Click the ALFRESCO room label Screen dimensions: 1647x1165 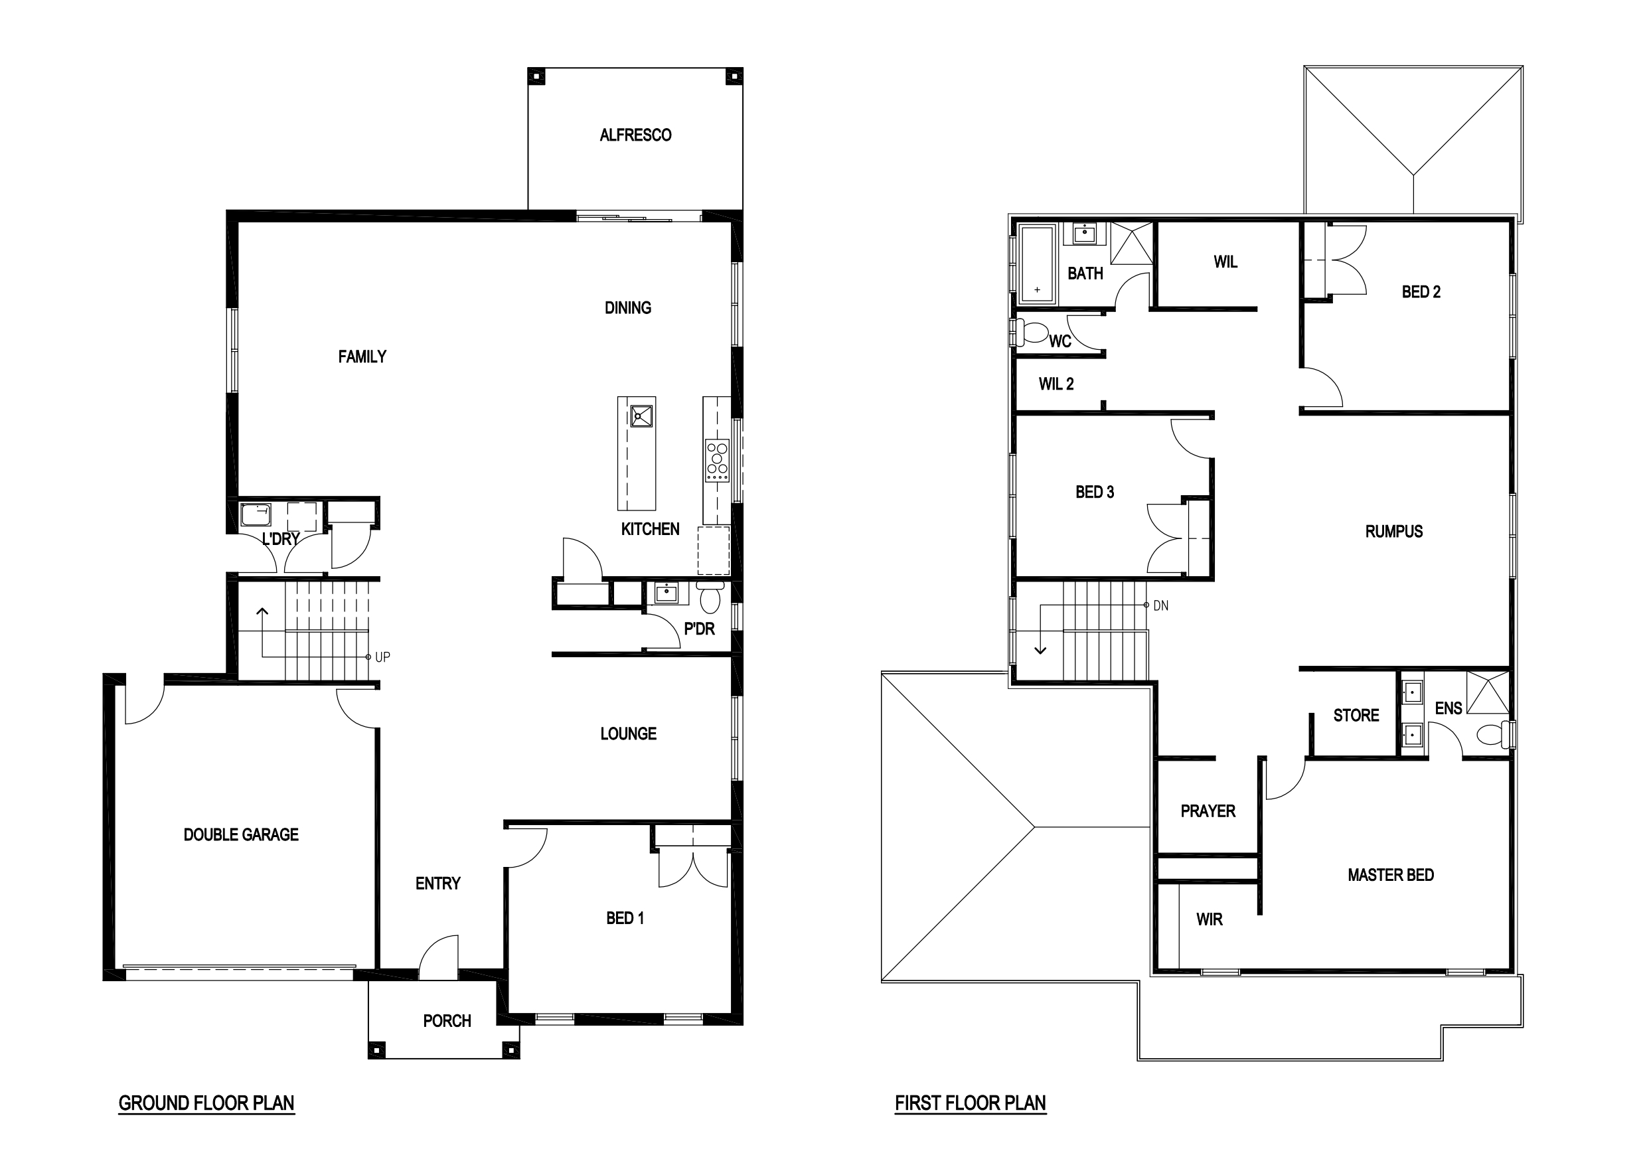pos(635,135)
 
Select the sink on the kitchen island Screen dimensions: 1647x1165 pos(641,416)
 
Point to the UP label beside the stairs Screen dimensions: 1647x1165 pos(382,657)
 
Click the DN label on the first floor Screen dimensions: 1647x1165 pos(1160,606)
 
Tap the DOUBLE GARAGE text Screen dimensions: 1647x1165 pos(241,834)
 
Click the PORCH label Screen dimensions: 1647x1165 pos(447,1021)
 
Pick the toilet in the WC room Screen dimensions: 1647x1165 pos(1032,333)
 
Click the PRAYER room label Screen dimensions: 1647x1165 pos(1208,811)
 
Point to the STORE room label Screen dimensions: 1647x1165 pos(1356,715)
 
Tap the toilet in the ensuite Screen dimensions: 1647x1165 pos(1495,734)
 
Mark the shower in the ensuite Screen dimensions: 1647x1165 pos(1488,692)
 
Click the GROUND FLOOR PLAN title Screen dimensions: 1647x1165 pos(206,1103)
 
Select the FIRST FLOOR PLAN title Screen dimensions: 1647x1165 pos(971,1103)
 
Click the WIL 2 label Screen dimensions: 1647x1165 pos(1056,384)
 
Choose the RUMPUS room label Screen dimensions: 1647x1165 pos(1394,532)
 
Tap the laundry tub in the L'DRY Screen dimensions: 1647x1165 pos(256,514)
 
